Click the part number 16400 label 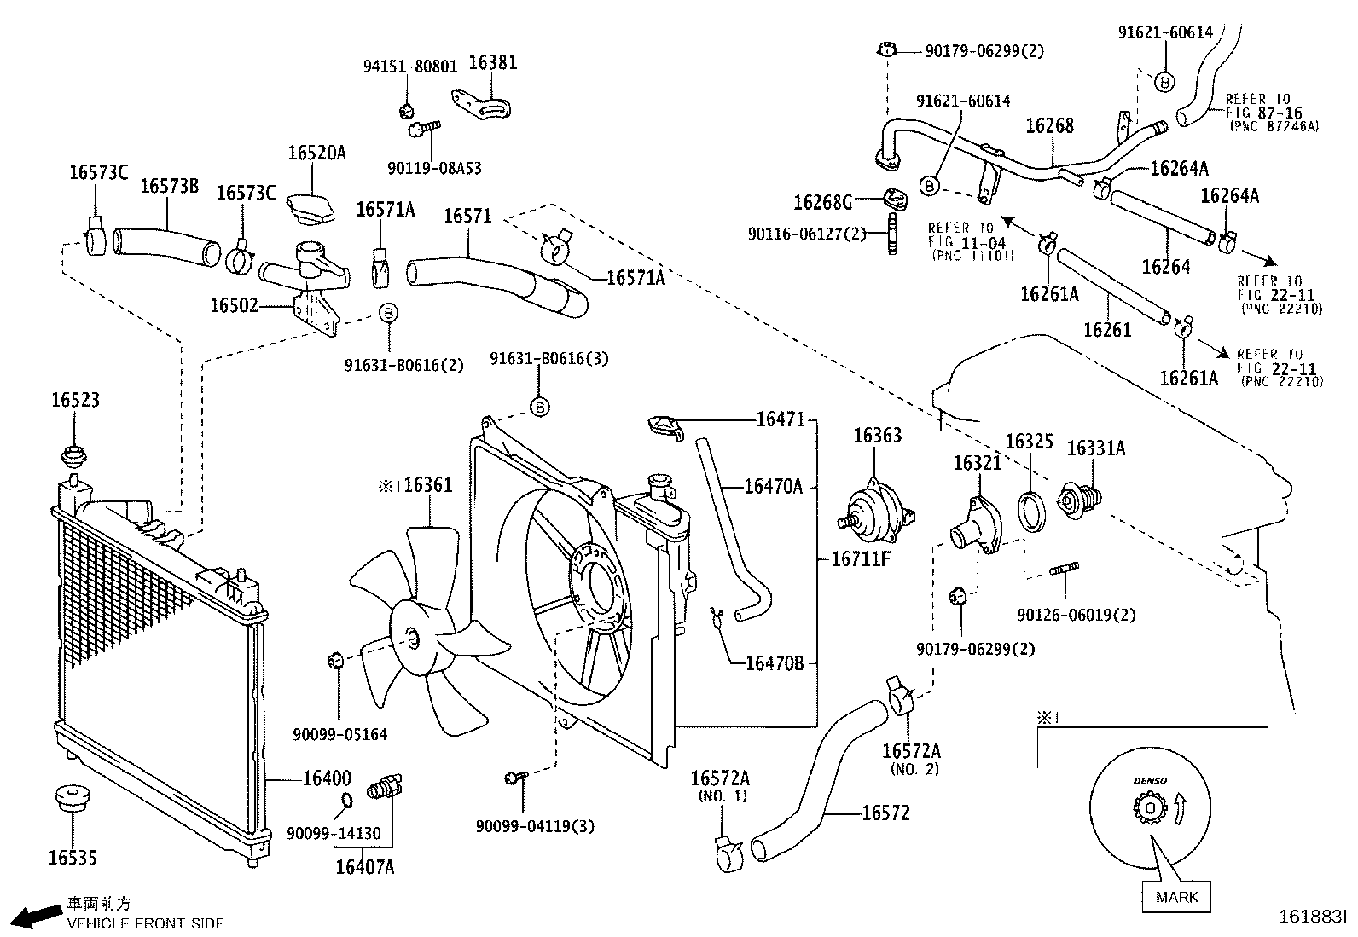pyautogui.click(x=326, y=778)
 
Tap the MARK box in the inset pyautogui.click(x=1176, y=897)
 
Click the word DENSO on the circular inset pyautogui.click(x=1149, y=781)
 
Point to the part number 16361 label pyautogui.click(x=428, y=485)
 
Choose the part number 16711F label pyautogui.click(x=861, y=559)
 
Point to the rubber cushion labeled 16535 pyautogui.click(x=72, y=800)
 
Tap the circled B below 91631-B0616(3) pyautogui.click(x=540, y=408)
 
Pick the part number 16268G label pyautogui.click(x=822, y=202)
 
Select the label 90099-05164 pyautogui.click(x=339, y=734)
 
